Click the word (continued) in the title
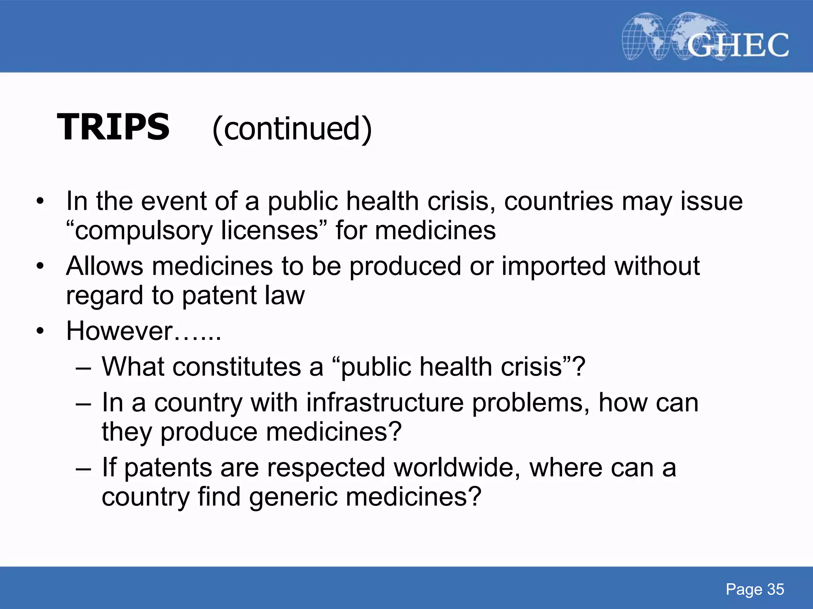point(292,129)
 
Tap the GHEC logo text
point(738,45)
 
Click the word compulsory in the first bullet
point(144,231)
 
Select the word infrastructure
point(385,403)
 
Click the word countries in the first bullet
point(559,201)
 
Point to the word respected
point(326,468)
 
